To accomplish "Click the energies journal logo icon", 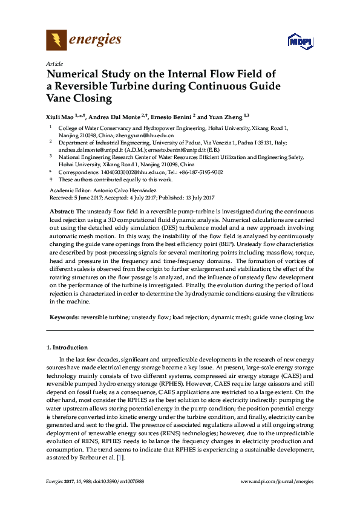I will tap(56, 41).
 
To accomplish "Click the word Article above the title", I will tap(54, 63).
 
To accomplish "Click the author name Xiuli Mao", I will tap(61, 116).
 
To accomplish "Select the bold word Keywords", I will tap(64, 316).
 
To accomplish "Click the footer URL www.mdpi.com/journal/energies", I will tap(277, 481).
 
